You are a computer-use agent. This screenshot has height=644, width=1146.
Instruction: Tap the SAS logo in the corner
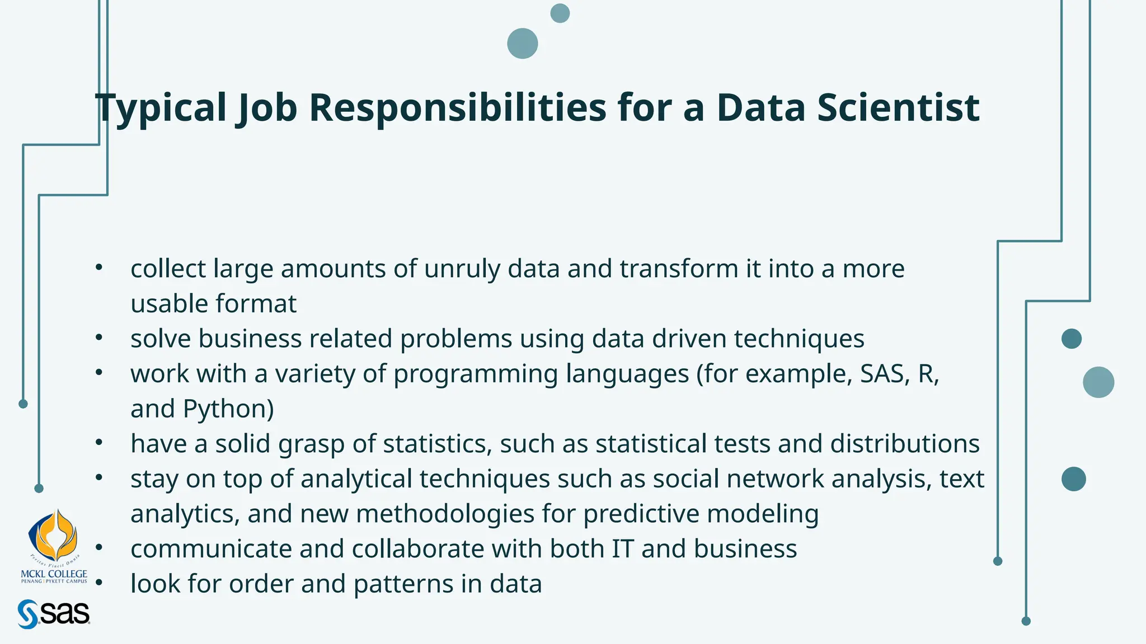[x=54, y=614]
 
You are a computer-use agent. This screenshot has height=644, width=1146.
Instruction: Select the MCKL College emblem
[x=53, y=537]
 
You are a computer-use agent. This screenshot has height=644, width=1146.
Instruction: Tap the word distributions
[x=904, y=444]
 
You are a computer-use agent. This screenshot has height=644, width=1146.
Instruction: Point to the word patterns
[x=403, y=584]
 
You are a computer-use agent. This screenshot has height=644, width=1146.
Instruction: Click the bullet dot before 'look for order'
[x=99, y=583]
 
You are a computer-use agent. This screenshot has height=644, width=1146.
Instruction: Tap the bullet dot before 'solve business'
[x=99, y=338]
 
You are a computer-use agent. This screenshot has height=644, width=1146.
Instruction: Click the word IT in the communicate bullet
[x=622, y=549]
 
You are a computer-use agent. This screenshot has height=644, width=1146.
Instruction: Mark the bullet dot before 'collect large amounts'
[x=99, y=267]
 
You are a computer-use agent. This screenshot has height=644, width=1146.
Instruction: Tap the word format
[x=256, y=304]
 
